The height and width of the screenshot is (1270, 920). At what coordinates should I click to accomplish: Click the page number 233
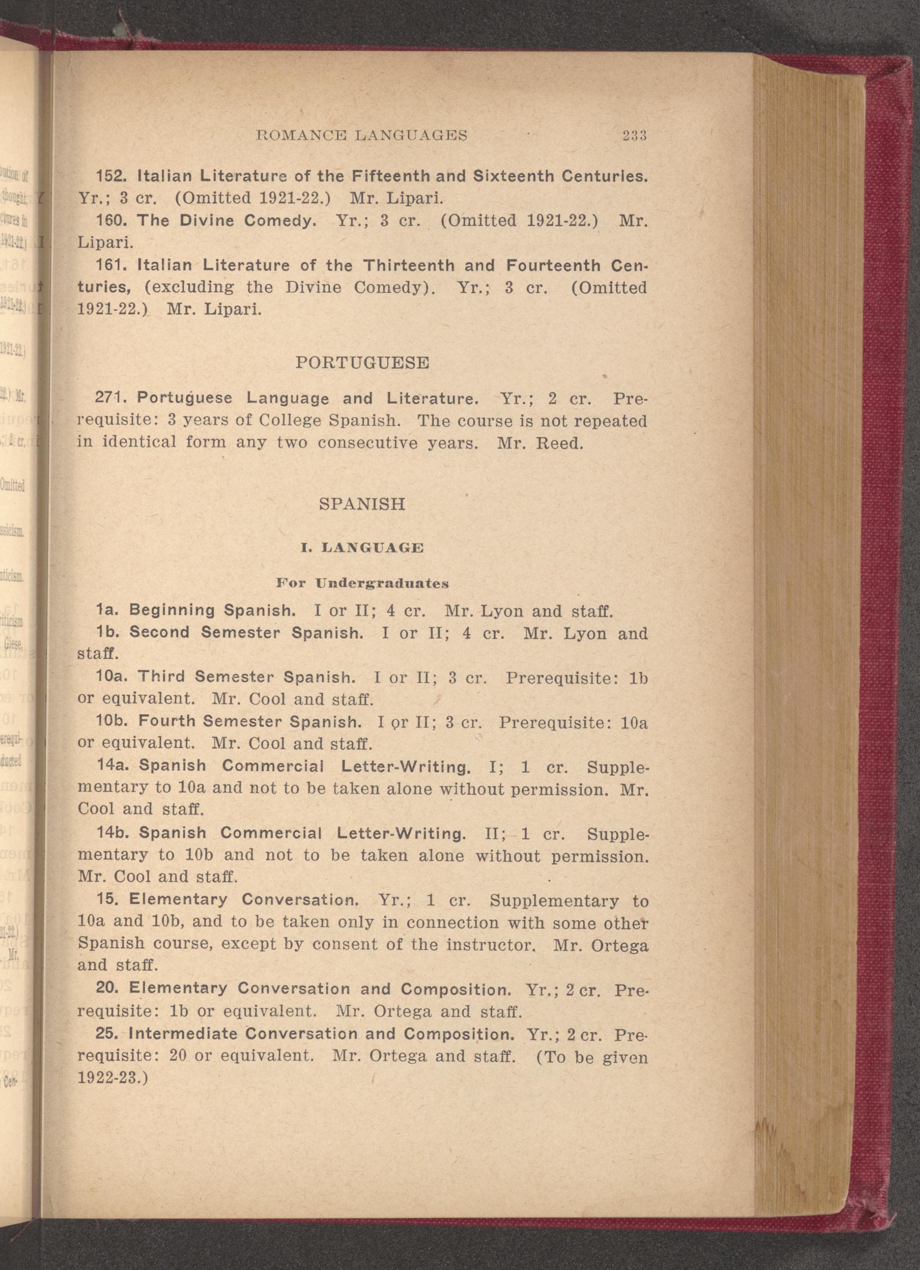635,135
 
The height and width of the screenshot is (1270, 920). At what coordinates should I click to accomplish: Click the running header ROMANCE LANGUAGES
361,135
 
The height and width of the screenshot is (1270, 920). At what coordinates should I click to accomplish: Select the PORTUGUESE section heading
362,363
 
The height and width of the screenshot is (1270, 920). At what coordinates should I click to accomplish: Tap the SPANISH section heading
362,504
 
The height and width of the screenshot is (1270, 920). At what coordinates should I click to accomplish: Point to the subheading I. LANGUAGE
362,548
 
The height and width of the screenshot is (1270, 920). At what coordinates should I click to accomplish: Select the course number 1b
107,632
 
